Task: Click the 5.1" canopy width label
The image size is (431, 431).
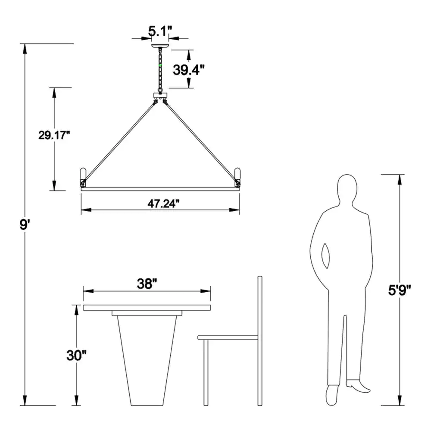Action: point(160,31)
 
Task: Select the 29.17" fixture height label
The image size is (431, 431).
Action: point(54,135)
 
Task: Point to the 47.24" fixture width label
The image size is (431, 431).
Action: point(163,204)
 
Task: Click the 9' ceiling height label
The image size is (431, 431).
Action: point(24,225)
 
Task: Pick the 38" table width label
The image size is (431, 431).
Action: point(147,284)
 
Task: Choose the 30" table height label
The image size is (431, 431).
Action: point(76,355)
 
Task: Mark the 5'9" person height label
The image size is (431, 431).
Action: point(400,290)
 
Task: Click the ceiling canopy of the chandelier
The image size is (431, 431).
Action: point(160,46)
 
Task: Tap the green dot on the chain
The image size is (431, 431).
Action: point(160,66)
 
